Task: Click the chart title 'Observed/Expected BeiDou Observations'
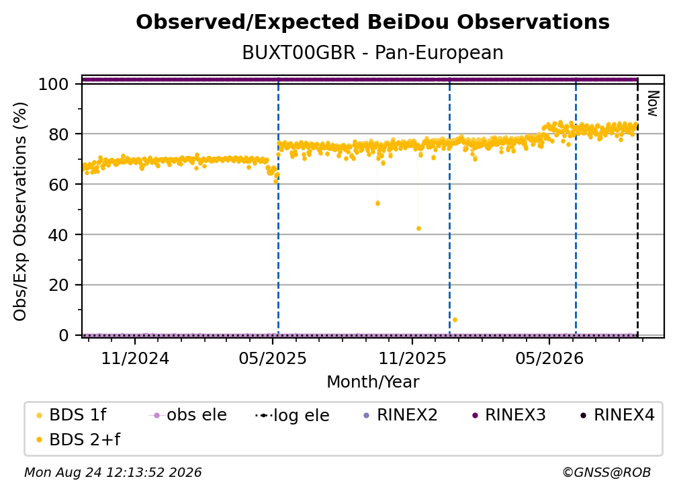pyautogui.click(x=373, y=22)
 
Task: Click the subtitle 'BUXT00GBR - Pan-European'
pyautogui.click(x=373, y=52)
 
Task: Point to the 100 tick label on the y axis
pyautogui.click(x=54, y=84)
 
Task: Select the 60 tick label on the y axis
pyautogui.click(x=58, y=185)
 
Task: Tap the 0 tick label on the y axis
pyautogui.click(x=64, y=335)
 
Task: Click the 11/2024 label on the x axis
pyautogui.click(x=135, y=358)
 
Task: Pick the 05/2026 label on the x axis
pyautogui.click(x=549, y=358)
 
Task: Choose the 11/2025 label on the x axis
pyautogui.click(x=412, y=358)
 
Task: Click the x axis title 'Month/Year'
pyautogui.click(x=373, y=382)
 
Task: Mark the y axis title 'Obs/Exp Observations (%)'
pyautogui.click(x=20, y=212)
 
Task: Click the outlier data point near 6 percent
pyautogui.click(x=455, y=320)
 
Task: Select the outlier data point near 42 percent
pyautogui.click(x=418, y=228)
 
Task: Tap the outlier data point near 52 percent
pyautogui.click(x=377, y=204)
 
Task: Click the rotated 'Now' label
pyautogui.click(x=652, y=103)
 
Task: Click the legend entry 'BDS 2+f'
pyautogui.click(x=78, y=439)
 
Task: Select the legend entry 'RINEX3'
pyautogui.click(x=509, y=415)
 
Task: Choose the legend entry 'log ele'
pyautogui.click(x=293, y=415)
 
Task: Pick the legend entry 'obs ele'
pyautogui.click(x=188, y=415)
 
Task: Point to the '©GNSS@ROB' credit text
pyautogui.click(x=606, y=473)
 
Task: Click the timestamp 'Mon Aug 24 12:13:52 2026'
pyautogui.click(x=113, y=473)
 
